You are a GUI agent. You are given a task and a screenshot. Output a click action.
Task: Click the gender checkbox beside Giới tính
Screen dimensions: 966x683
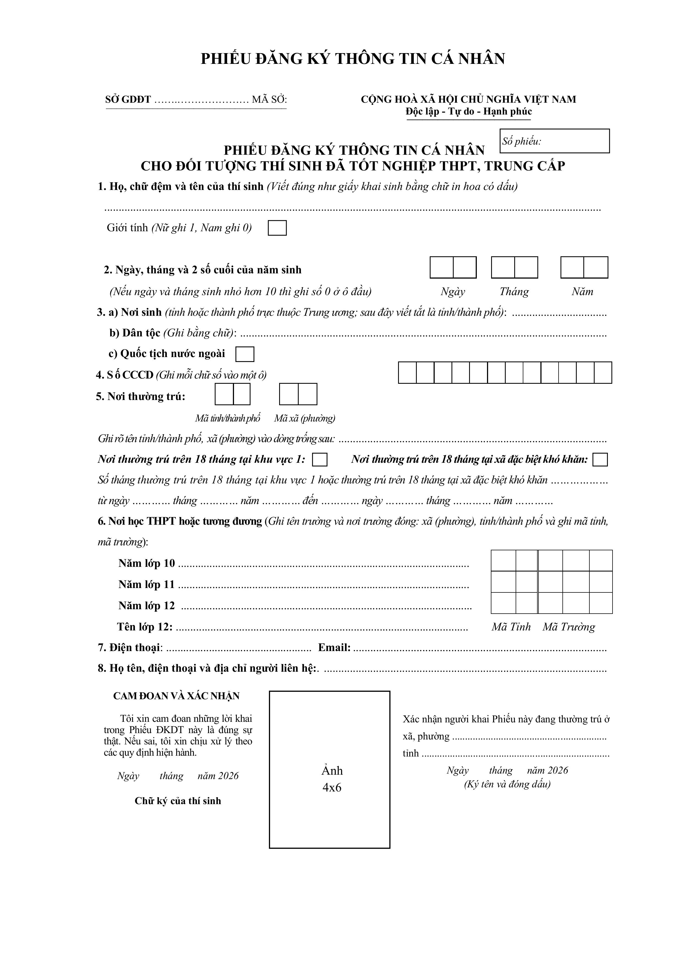277,228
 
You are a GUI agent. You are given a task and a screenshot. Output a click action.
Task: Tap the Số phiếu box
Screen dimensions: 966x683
555,141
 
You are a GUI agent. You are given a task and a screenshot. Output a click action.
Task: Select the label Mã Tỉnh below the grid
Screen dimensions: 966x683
511,627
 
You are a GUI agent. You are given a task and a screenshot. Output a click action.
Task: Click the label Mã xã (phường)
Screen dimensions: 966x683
305,418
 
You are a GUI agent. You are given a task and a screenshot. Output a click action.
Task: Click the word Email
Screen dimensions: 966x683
334,647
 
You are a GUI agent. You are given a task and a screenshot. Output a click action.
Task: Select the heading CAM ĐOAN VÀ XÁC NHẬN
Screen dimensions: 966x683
176,696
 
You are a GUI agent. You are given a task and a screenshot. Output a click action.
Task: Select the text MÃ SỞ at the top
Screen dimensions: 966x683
269,100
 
